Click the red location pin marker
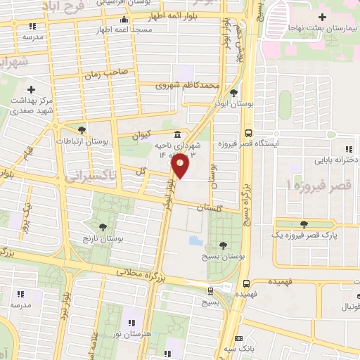pos(180,167)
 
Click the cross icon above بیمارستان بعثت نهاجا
pos(323,16)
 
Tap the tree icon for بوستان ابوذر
pos(233,93)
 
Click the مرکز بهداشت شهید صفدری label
pos(32,104)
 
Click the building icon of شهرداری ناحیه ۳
pos(176,135)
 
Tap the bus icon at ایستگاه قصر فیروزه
pos(247,133)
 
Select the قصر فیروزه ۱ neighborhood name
pos(316,185)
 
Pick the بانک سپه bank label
pos(264,347)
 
